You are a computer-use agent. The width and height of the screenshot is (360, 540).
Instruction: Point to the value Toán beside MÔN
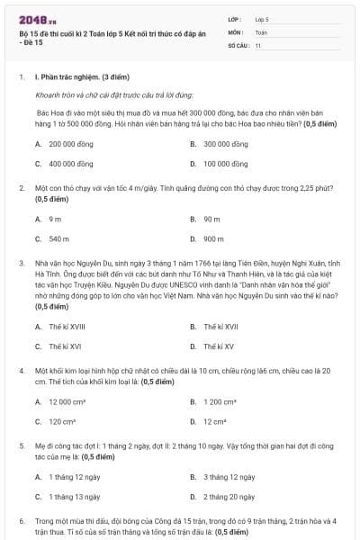(x=260, y=31)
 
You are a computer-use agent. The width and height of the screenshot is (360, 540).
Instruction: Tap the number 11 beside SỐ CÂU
(x=257, y=44)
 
